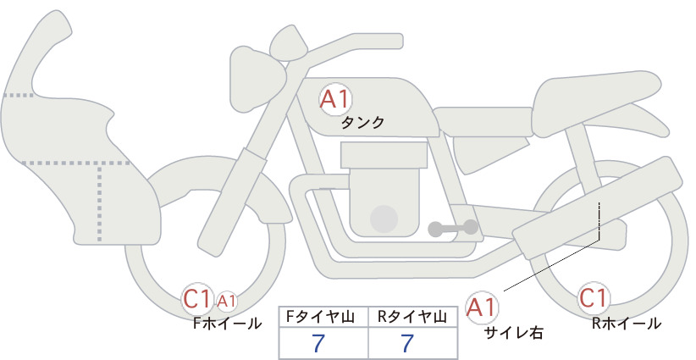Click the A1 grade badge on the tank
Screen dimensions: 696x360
pyautogui.click(x=335, y=99)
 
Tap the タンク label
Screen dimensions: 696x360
pyautogui.click(x=362, y=123)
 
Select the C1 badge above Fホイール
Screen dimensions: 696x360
pyautogui.click(x=197, y=299)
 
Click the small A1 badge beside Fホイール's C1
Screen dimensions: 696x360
pyautogui.click(x=226, y=302)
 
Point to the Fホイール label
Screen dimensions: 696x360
pyautogui.click(x=227, y=324)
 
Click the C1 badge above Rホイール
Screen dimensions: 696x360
pyautogui.click(x=593, y=298)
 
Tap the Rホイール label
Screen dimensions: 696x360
pyautogui.click(x=627, y=324)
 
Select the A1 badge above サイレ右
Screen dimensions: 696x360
pyautogui.click(x=482, y=307)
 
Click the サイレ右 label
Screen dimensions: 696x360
pyautogui.click(x=513, y=333)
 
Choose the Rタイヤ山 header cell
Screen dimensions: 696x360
pyautogui.click(x=413, y=317)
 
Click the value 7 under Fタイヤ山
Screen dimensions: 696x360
pyautogui.click(x=318, y=343)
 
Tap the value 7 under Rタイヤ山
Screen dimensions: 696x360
pyautogui.click(x=407, y=343)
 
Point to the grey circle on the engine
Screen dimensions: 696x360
pyautogui.click(x=384, y=219)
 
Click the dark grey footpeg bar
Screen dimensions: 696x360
pyautogui.click(x=453, y=228)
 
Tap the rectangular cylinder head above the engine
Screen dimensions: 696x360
pyautogui.click(x=384, y=155)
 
